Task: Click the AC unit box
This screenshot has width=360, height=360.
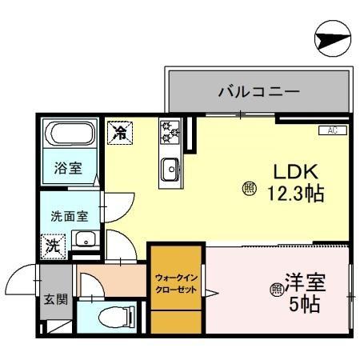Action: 332,130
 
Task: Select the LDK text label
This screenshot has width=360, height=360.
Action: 298,171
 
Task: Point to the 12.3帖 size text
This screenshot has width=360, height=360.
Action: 295,193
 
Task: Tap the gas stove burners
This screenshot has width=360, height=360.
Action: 170,132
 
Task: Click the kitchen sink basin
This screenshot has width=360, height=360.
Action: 170,170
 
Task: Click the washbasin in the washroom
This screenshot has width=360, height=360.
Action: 84,239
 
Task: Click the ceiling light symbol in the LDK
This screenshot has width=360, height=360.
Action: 249,188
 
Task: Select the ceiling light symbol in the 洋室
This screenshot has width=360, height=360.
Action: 277,288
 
